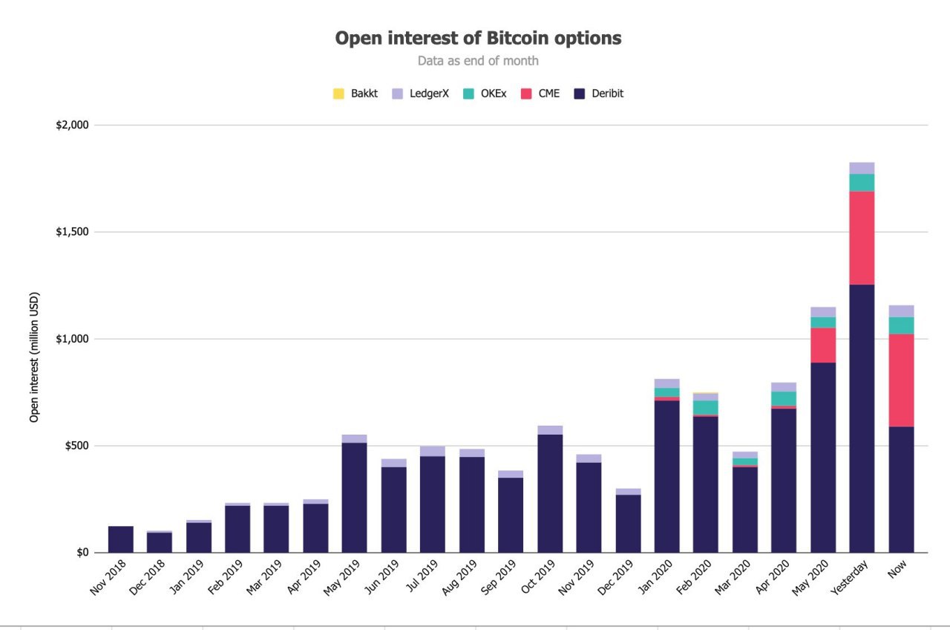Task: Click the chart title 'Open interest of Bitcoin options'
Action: coord(478,38)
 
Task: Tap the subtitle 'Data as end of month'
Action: coord(478,61)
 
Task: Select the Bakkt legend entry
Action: coord(356,94)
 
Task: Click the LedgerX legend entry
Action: coord(420,94)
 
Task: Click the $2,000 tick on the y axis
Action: coord(72,125)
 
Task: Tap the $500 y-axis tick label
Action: coord(76,446)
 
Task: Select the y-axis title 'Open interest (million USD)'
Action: coord(34,357)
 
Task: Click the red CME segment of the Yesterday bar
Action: coord(862,238)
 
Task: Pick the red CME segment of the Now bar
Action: coord(901,380)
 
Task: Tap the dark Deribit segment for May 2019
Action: coord(354,497)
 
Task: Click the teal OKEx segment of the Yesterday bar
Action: coord(862,183)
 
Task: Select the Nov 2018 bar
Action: coord(121,539)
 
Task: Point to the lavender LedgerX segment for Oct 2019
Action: coord(550,430)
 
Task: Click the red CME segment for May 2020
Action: coord(823,345)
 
